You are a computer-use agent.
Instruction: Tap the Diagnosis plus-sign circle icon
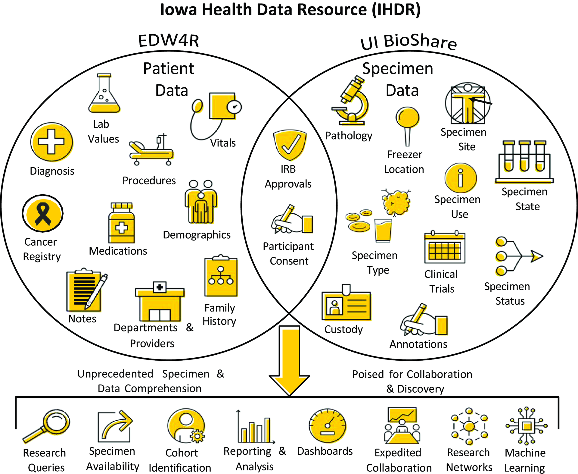click(51, 142)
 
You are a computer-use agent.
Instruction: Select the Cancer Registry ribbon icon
click(43, 213)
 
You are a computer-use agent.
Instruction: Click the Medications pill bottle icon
click(121, 223)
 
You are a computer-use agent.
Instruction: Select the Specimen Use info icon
click(460, 178)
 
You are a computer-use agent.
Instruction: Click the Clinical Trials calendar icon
click(445, 248)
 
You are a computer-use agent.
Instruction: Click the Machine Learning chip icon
click(526, 426)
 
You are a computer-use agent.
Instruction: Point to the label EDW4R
click(169, 41)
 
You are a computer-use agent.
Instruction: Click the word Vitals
click(223, 143)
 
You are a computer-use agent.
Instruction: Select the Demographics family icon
click(201, 202)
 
